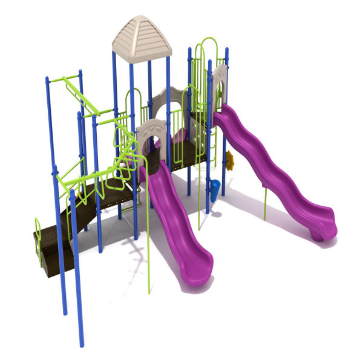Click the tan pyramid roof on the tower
click(x=142, y=38)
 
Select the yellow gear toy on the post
click(x=229, y=159)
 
